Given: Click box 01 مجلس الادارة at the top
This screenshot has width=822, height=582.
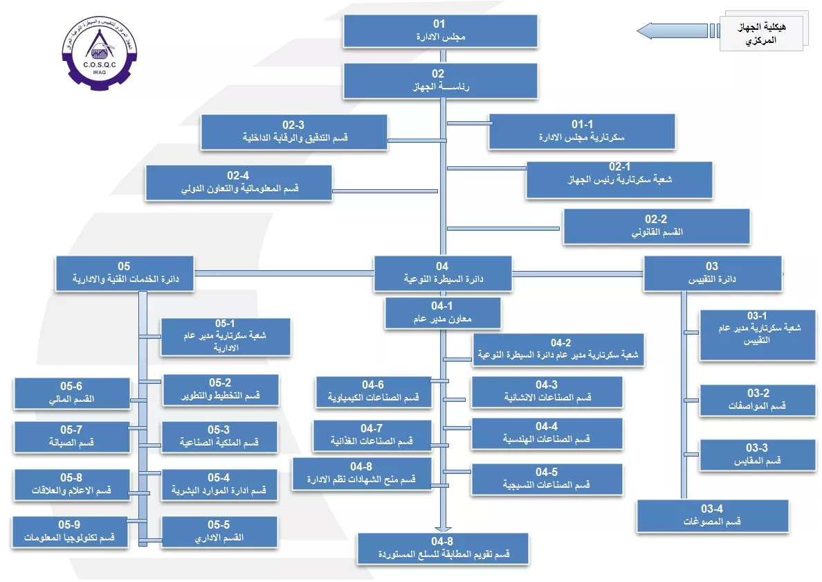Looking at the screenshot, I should (440, 31).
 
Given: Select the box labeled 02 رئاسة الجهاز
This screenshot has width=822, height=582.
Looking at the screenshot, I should (440, 80).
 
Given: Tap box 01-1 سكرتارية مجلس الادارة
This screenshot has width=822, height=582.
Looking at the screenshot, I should (581, 132).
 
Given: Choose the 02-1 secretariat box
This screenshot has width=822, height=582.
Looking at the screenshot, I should (619, 180).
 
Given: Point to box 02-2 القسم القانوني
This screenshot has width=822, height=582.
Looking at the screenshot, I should (656, 227).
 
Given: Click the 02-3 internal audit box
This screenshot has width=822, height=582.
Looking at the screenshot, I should (293, 132).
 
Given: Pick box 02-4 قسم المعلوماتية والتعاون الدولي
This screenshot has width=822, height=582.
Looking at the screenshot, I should (238, 182).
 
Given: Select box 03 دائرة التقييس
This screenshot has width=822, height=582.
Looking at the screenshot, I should (712, 273).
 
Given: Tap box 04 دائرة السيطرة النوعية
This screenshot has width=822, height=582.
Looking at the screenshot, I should (442, 273).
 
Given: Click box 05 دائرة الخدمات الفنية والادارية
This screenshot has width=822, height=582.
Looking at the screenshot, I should (125, 273).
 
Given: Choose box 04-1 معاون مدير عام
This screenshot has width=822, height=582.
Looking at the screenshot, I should (441, 312).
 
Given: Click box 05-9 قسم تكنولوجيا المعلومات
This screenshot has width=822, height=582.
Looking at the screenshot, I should (70, 531).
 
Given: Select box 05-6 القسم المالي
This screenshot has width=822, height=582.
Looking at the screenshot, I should (71, 393).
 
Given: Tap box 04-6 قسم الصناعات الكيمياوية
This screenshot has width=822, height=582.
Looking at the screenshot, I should (372, 391).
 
